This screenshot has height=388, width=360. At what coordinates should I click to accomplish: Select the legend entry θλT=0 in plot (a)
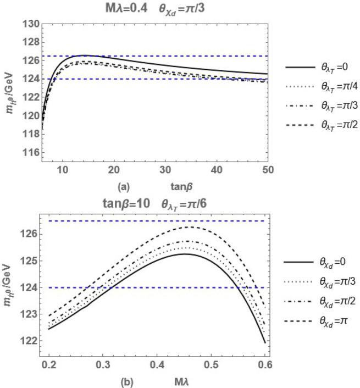[322, 66]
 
